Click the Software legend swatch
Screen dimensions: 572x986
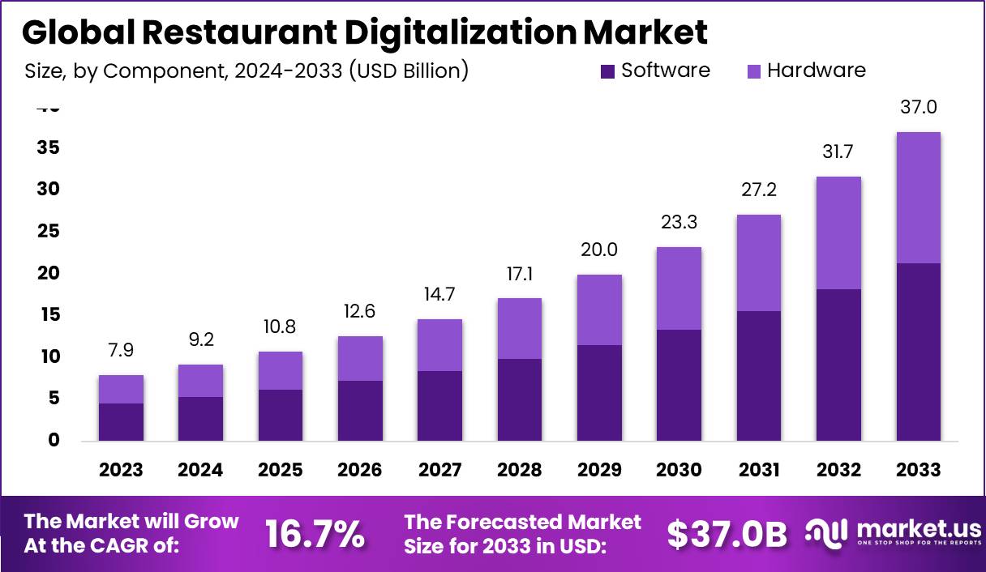point(608,71)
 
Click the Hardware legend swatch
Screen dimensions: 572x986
point(754,71)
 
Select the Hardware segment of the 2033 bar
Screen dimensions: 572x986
point(918,197)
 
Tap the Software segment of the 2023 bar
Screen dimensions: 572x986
point(121,421)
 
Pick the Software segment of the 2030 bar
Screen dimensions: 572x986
point(679,385)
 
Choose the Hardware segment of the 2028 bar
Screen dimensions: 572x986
point(519,328)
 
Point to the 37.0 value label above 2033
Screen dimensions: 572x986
point(918,107)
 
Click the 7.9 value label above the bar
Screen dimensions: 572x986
point(121,350)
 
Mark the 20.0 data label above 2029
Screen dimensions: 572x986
point(599,250)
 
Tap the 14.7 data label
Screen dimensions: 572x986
point(439,294)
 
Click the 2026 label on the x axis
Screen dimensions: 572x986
point(360,470)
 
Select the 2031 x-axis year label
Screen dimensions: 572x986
point(759,470)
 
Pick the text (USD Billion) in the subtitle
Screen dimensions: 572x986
point(409,70)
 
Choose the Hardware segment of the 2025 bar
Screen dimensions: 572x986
point(280,370)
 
